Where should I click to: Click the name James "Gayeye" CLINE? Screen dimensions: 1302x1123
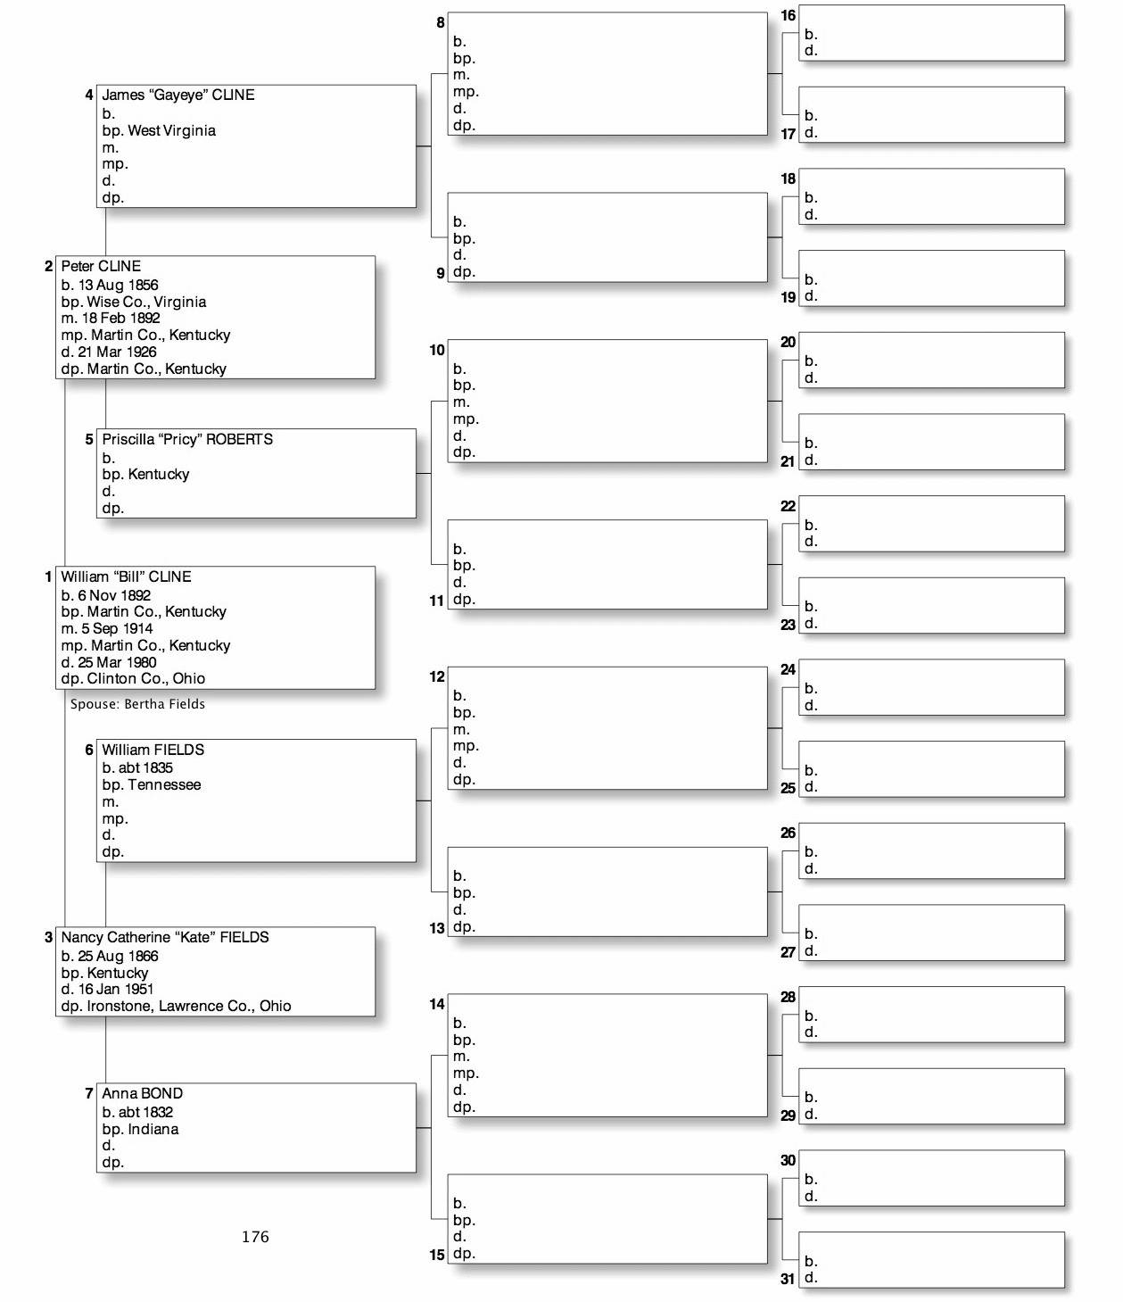click(x=178, y=95)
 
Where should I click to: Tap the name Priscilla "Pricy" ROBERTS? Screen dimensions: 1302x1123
click(x=187, y=439)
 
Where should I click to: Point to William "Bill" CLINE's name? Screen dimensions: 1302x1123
click(x=126, y=576)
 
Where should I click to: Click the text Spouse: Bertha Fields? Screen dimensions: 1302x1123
click(x=137, y=704)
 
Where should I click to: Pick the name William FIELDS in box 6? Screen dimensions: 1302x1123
click(x=153, y=750)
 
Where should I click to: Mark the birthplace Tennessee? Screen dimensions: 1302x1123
click(x=164, y=784)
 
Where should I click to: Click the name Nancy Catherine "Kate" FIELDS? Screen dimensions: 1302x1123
click(x=164, y=937)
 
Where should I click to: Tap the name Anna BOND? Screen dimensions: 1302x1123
click(x=142, y=1093)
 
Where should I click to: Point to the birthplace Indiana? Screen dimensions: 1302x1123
click(x=153, y=1129)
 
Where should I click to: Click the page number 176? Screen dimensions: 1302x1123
click(x=255, y=1236)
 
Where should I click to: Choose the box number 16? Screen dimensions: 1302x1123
click(x=788, y=15)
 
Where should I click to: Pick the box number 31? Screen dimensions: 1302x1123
click(x=788, y=1278)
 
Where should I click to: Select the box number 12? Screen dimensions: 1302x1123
click(x=436, y=676)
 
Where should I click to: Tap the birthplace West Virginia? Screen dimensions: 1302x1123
click(x=171, y=130)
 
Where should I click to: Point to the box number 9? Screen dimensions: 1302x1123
click(x=440, y=273)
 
